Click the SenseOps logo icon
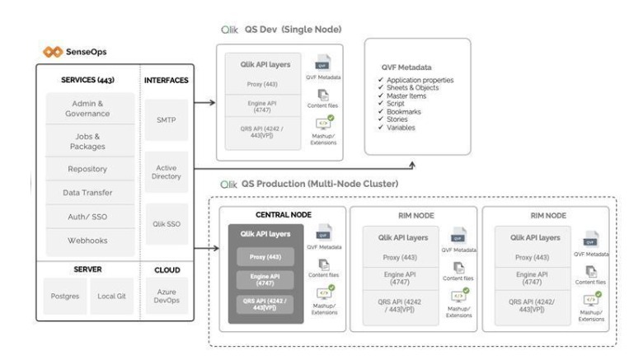click(53, 52)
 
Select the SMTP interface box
click(167, 120)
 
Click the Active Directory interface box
click(167, 172)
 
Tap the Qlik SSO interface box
click(167, 224)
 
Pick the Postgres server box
click(65, 296)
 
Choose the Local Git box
click(111, 296)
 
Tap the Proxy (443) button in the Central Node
click(261, 256)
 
